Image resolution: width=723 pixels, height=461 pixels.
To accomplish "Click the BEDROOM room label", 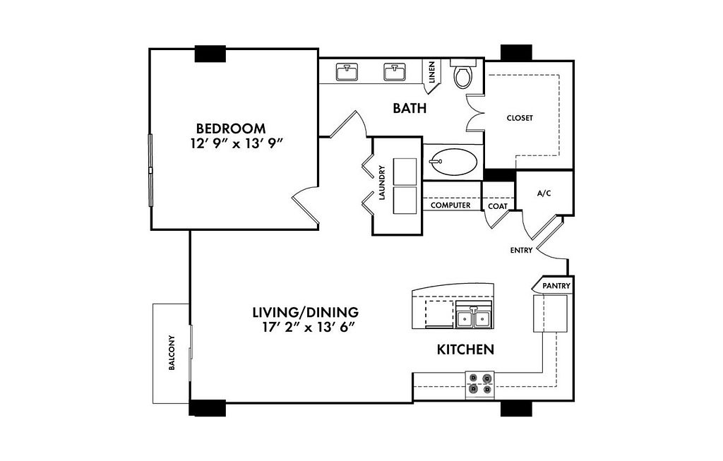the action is [231, 128].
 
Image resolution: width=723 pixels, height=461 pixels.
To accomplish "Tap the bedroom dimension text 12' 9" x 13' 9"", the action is [236, 144].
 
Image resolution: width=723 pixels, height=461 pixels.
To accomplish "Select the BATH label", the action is [410, 108].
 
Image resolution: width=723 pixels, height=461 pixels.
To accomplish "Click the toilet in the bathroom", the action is [463, 73].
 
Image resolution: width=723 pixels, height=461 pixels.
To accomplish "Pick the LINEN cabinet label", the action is [432, 73].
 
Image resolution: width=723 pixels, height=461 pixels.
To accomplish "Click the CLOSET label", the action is [520, 118].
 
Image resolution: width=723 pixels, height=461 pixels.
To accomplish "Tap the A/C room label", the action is [544, 193].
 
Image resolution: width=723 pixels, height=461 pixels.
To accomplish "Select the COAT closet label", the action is [498, 207].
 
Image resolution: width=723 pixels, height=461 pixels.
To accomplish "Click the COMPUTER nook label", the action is [450, 205].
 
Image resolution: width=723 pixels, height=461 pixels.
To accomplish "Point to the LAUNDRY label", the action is [382, 183].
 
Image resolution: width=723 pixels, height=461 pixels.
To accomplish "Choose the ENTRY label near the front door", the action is [522, 251].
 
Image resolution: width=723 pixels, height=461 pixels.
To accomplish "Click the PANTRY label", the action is [556, 286].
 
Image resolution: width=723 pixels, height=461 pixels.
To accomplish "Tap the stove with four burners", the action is [479, 385].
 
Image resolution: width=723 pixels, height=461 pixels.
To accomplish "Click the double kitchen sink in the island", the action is [474, 318].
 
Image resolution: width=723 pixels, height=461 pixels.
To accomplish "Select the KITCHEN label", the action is [466, 349].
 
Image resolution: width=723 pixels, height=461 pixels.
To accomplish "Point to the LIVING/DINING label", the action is [306, 313].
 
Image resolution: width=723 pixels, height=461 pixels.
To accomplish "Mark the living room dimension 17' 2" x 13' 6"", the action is [306, 328].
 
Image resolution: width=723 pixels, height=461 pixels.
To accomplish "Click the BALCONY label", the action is [172, 353].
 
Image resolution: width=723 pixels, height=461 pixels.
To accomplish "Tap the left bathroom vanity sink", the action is [347, 72].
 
